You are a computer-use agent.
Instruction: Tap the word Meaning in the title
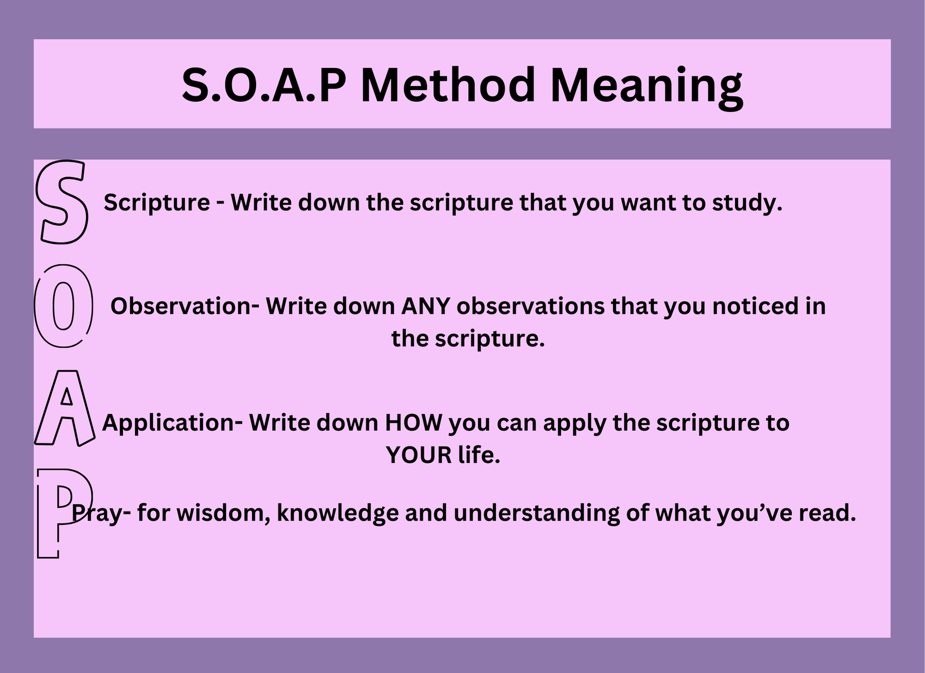pyautogui.click(x=646, y=88)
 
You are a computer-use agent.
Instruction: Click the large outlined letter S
pyautogui.click(x=62, y=202)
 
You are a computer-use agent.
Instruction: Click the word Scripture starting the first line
pyautogui.click(x=157, y=203)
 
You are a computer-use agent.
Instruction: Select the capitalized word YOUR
pyautogui.click(x=419, y=456)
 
